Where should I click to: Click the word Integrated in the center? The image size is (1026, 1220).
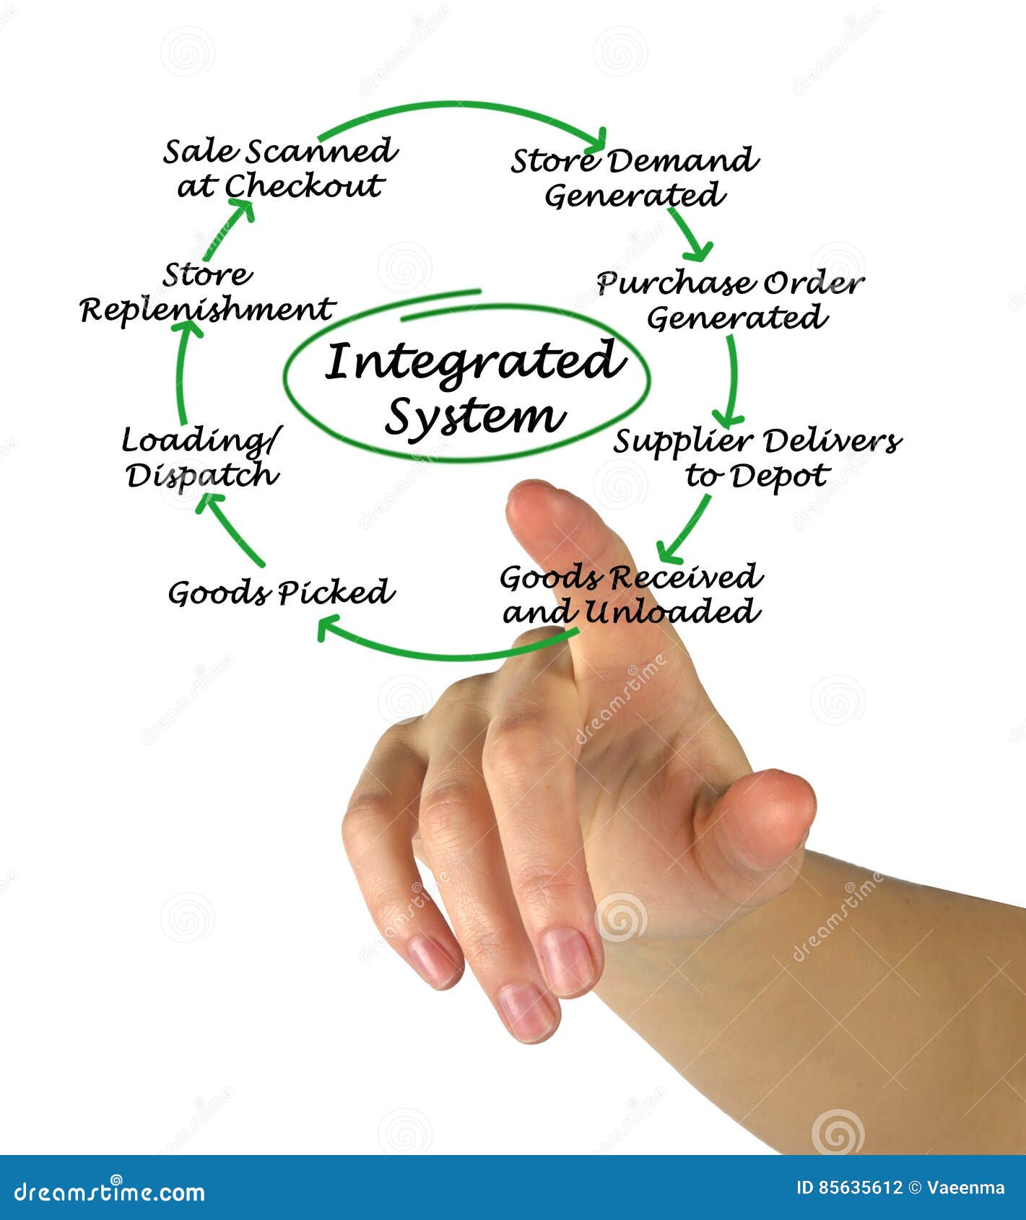pos(473,362)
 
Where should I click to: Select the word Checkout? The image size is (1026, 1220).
pos(303,186)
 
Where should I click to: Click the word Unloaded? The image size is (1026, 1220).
pos(671,613)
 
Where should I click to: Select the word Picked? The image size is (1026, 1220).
pos(336,593)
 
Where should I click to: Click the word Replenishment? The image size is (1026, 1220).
pos(207,310)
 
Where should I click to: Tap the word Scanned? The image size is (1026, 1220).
pos(321,152)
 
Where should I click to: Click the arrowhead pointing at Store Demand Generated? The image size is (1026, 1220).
pos(596,139)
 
